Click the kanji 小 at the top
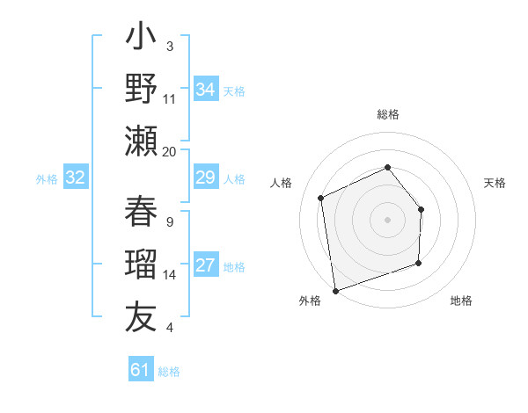[x=141, y=39]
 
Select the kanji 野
[x=141, y=89]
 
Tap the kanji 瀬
[x=141, y=141]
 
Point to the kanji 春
[x=141, y=214]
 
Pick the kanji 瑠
[x=141, y=265]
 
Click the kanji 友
[x=141, y=316]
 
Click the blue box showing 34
[x=205, y=90]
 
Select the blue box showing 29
[x=205, y=178]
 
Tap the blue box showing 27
[x=205, y=266]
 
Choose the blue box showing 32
[x=76, y=178]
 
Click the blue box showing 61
[x=141, y=370]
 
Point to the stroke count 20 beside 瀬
[x=170, y=152]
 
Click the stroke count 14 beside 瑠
[x=170, y=275]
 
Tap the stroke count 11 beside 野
[x=170, y=99]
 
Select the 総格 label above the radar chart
[x=387, y=115]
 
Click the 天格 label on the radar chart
[x=495, y=183]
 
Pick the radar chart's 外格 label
[x=310, y=301]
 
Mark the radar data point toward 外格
[x=335, y=290]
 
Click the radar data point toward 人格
[x=321, y=198]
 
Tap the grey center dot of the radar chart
[x=387, y=219]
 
